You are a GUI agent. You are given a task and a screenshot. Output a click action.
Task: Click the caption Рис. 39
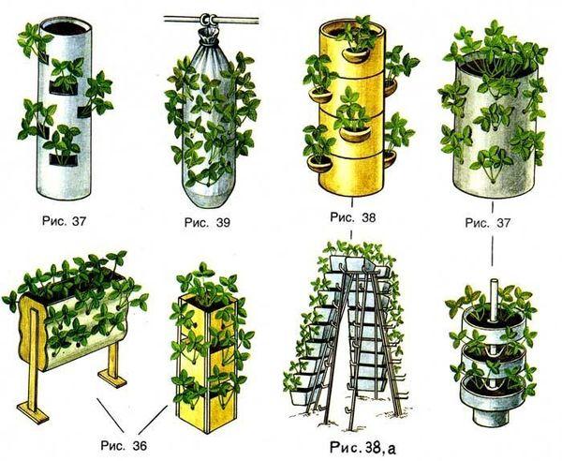207,223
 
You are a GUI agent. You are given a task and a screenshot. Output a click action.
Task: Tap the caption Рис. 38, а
362,448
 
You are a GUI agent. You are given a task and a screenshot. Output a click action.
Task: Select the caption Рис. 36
124,446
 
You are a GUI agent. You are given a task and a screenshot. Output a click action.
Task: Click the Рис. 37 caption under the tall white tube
64,220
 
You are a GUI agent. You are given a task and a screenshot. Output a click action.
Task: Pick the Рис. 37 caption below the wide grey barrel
487,223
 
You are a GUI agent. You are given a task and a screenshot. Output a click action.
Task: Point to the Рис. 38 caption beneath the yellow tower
353,217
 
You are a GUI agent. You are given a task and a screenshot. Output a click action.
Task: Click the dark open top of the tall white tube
65,27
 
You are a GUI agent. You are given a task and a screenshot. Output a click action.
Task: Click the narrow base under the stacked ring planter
491,416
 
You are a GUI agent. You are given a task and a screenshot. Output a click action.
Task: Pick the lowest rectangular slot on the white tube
64,160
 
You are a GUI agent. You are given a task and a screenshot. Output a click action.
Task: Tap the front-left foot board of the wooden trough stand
33,412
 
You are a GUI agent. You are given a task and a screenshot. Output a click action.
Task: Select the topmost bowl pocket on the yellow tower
356,54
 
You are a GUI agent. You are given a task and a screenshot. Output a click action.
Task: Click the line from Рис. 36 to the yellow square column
154,420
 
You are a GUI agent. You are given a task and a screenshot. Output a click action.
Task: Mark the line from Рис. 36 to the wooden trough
111,415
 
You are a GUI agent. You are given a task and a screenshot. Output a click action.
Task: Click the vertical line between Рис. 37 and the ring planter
493,251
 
